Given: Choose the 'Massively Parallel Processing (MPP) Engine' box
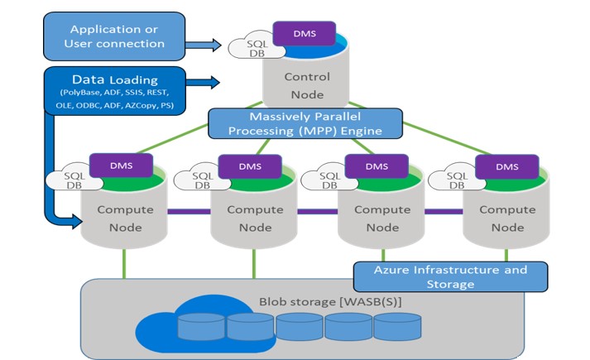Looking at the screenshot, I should [x=305, y=123].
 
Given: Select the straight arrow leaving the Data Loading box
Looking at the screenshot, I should [x=202, y=83].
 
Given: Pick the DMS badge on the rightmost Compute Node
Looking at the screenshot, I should [x=507, y=166].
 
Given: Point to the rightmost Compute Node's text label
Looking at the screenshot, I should [x=507, y=218].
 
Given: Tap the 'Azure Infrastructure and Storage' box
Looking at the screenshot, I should [x=451, y=276].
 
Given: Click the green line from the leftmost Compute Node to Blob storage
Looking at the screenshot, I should [x=124, y=263].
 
